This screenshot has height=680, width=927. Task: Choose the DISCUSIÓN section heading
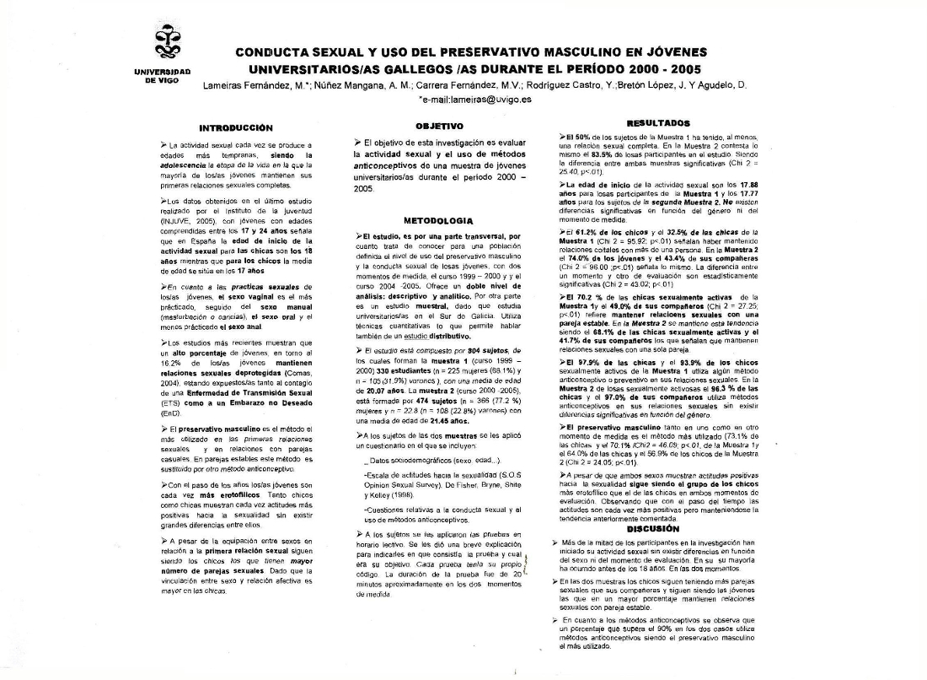pyautogui.click(x=665, y=528)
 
